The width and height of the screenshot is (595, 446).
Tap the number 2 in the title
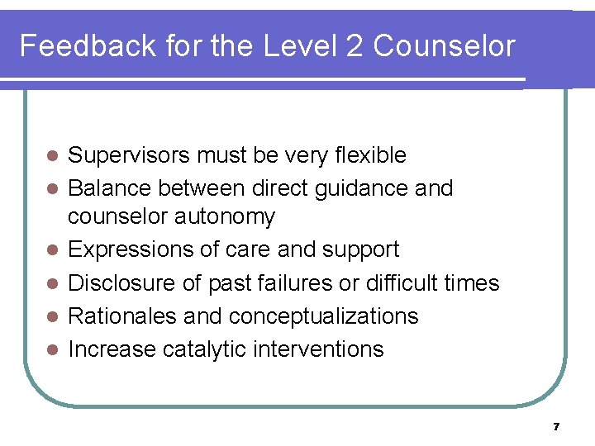tap(354, 46)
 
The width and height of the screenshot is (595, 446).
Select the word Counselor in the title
tap(444, 46)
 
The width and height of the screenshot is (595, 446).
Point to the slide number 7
tap(557, 427)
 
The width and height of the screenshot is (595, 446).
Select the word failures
tap(289, 283)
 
